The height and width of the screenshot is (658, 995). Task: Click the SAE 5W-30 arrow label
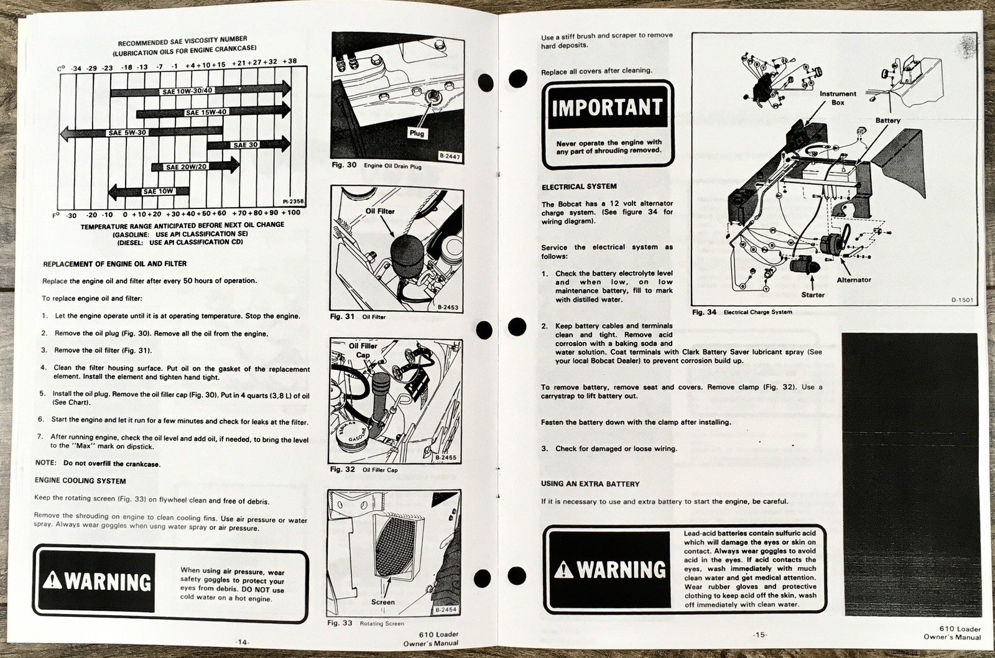click(127, 132)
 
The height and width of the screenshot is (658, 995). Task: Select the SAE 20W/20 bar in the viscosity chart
click(186, 167)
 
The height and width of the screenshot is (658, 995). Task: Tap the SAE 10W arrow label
click(158, 192)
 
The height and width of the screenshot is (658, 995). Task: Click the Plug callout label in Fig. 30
click(417, 133)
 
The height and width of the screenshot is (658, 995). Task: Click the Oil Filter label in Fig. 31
click(380, 211)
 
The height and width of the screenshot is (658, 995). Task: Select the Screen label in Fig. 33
click(383, 602)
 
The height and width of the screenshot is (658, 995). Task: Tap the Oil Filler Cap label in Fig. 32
click(363, 350)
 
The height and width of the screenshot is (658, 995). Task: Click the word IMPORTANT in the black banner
click(608, 108)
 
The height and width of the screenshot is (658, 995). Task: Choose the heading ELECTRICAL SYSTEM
click(579, 187)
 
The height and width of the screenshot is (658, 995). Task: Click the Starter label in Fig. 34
click(813, 295)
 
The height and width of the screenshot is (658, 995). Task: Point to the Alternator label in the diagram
click(854, 280)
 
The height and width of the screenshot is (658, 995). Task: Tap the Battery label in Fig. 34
click(887, 121)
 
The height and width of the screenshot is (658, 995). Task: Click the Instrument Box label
click(838, 98)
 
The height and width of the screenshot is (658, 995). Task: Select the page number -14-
click(243, 641)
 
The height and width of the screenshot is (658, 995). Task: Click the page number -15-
click(759, 634)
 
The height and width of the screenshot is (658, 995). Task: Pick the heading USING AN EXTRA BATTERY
click(590, 484)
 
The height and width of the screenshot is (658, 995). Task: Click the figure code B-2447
click(449, 157)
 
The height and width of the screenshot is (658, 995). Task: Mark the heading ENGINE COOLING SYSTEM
click(80, 481)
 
